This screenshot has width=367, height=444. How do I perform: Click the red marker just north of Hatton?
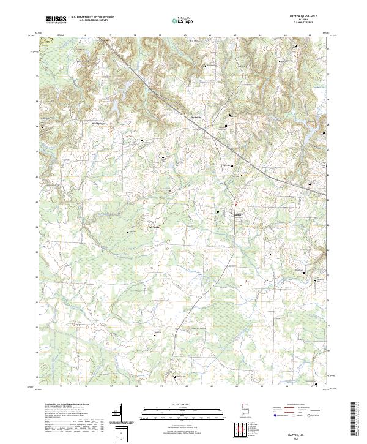[235, 205]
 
